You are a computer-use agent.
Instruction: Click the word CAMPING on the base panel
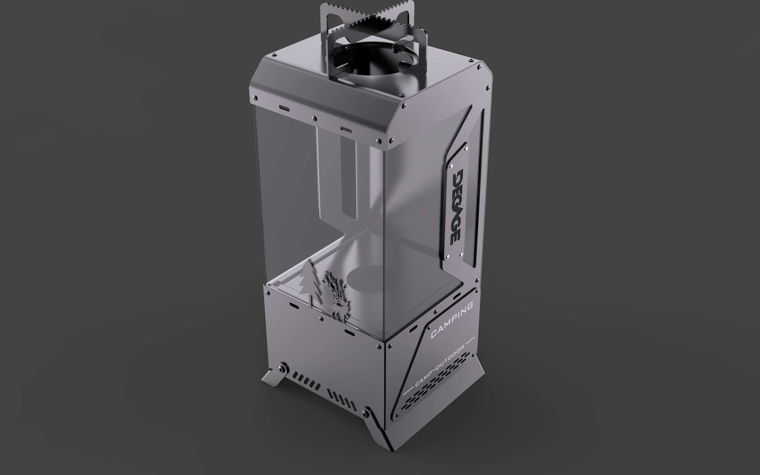tap(452, 320)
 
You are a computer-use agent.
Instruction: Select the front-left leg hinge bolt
tap(283, 368)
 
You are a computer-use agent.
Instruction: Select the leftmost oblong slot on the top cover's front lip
tap(284, 109)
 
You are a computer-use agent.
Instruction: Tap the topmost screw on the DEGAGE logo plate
tap(466, 148)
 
